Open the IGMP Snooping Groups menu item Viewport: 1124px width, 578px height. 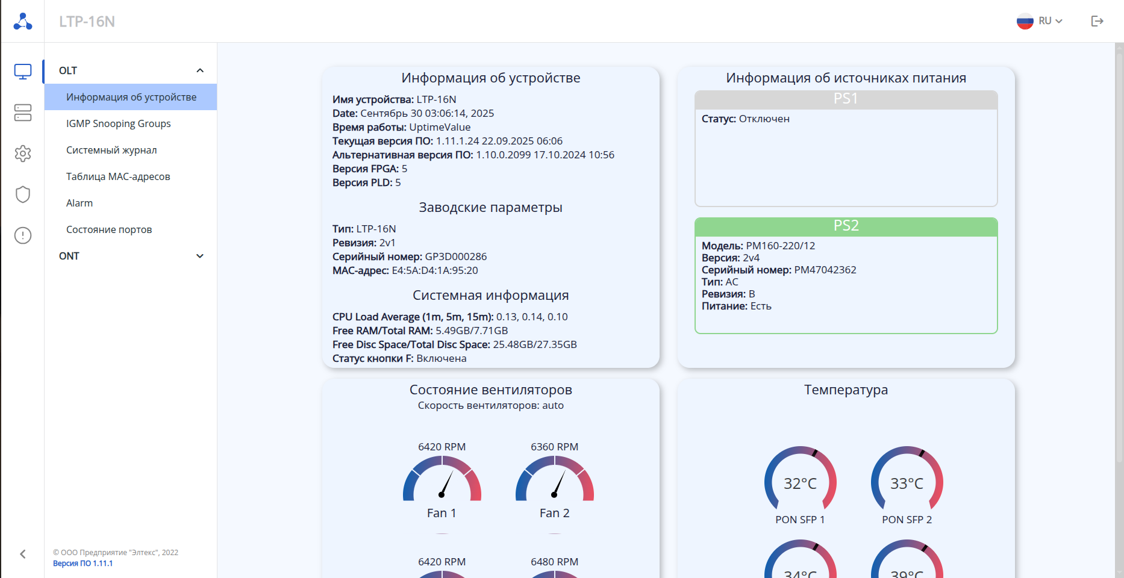tap(118, 123)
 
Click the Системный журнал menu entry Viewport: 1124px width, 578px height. tap(111, 150)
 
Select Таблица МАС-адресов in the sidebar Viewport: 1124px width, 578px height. tap(118, 176)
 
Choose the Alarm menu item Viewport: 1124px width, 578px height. tap(80, 203)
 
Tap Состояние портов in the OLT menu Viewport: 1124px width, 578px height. tap(109, 229)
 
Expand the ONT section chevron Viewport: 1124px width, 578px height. tap(200, 256)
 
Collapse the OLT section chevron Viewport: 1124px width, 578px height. tap(200, 70)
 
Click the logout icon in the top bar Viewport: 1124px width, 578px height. tap(1097, 21)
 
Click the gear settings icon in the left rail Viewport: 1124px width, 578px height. tap(23, 154)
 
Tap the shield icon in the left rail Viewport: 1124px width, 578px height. tap(23, 194)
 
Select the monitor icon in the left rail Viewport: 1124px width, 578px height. tap(23, 72)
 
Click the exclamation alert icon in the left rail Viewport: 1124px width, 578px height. tap(23, 235)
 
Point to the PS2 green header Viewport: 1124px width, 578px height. tap(846, 226)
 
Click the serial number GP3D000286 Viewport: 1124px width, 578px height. tap(456, 256)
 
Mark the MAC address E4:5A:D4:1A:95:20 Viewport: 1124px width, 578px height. tap(435, 270)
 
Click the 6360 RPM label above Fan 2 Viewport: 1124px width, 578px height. tap(554, 447)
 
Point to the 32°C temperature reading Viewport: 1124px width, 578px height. tap(800, 483)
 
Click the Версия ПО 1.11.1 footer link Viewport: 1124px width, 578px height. tap(83, 564)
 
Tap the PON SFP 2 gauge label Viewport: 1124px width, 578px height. tap(907, 520)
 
